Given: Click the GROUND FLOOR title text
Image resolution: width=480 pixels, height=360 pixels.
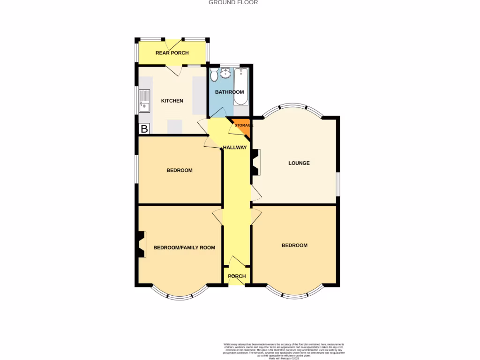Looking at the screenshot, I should [x=233, y=2].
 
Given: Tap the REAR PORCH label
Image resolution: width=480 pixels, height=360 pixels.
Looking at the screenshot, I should [x=172, y=53].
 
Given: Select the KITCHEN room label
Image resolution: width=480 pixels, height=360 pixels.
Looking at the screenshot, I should [x=172, y=101].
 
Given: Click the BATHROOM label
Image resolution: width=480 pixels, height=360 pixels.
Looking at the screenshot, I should [x=229, y=92].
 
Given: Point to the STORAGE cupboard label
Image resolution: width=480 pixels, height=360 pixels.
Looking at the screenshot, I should [x=244, y=125].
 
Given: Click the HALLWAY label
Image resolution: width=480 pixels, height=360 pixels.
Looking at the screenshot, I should [x=235, y=147].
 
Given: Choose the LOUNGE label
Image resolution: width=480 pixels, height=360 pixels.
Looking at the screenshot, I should [x=299, y=163].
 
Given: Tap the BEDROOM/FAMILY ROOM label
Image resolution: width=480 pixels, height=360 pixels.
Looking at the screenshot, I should [x=184, y=247].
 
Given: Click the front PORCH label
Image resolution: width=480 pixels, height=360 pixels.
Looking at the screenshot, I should [x=237, y=276].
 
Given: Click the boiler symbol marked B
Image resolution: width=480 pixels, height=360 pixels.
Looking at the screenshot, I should [x=144, y=129].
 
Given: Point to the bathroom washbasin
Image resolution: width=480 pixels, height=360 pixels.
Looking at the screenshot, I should [x=226, y=73].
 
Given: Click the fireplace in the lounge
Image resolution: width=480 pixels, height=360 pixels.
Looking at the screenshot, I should [x=255, y=162].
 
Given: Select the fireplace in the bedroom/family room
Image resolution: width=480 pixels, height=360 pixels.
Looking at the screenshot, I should [x=141, y=244].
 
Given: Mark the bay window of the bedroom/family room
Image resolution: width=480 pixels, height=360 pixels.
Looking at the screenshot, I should [x=179, y=296].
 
